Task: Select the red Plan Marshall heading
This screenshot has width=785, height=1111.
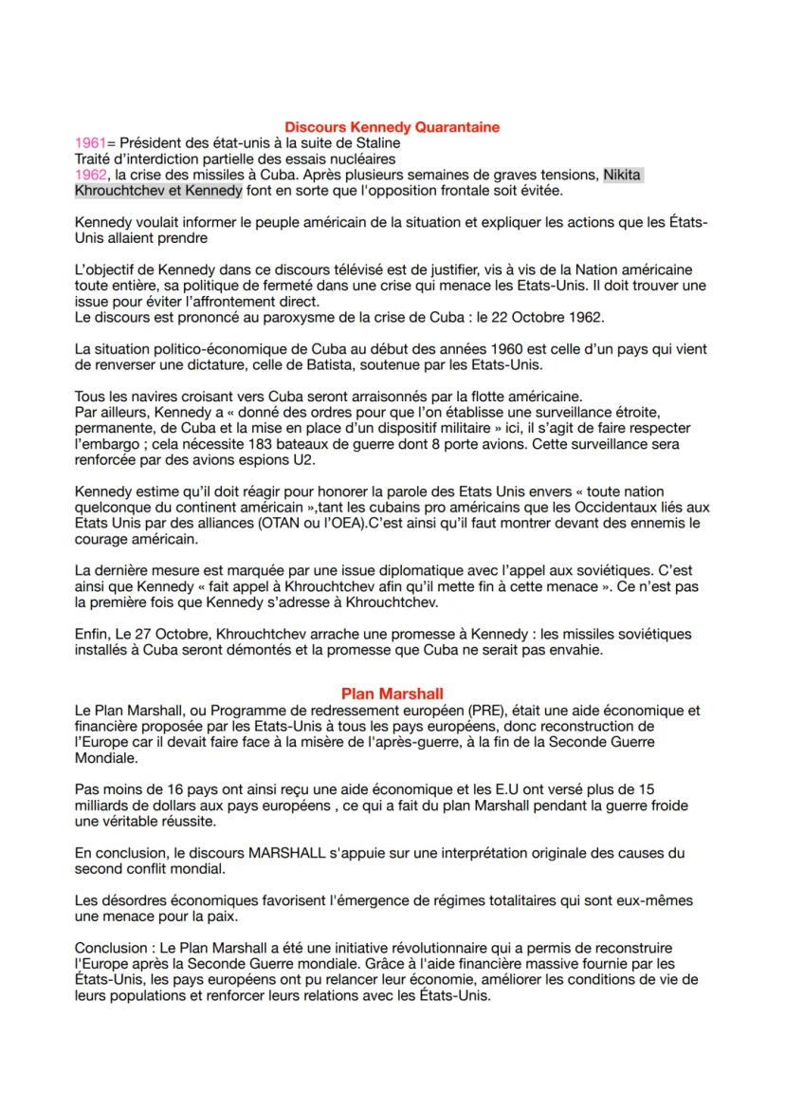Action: pos(392,694)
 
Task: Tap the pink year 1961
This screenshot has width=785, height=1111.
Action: pos(90,142)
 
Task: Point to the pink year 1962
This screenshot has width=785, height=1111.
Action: pos(90,175)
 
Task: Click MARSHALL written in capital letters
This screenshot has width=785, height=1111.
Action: pos(299,853)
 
